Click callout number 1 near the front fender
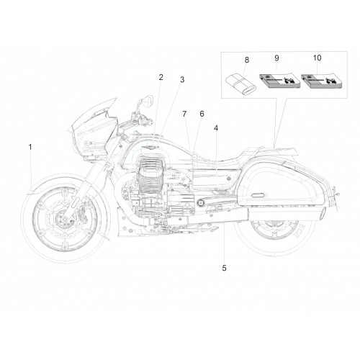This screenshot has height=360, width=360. click(30, 147)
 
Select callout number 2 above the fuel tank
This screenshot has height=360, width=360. click(161, 77)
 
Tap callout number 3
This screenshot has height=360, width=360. click(182, 80)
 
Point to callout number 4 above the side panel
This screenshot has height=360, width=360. click(216, 128)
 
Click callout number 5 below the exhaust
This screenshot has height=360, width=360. click(224, 268)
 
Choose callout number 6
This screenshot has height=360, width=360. click(202, 114)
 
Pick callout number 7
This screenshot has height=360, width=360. click(184, 114)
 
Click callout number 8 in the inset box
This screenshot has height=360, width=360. click(247, 60)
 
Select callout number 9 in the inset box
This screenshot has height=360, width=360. click(276, 58)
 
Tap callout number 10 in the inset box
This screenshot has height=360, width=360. click(317, 58)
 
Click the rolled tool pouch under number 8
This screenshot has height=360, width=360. click(240, 84)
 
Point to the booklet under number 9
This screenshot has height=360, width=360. click(280, 81)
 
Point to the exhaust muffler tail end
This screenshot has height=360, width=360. click(323, 214)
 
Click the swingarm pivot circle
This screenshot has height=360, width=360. click(199, 203)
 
